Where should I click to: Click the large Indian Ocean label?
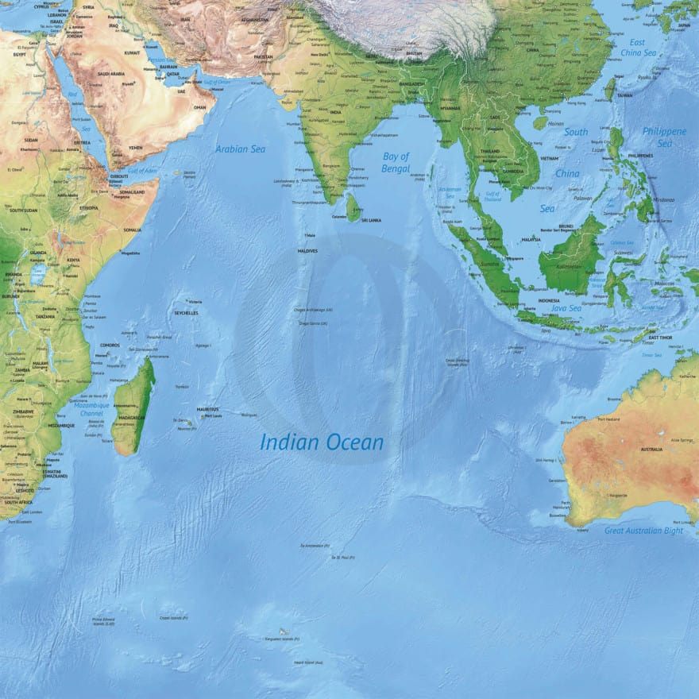pyautogui.click(x=322, y=442)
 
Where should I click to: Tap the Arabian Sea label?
pyautogui.click(x=241, y=149)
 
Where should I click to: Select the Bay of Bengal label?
pyautogui.click(x=396, y=162)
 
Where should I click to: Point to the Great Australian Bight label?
pyautogui.click(x=643, y=531)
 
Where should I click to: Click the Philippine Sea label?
pyautogui.click(x=664, y=137)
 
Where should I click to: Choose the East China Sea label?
pyautogui.click(x=638, y=48)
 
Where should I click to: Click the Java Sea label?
pyautogui.click(x=566, y=308)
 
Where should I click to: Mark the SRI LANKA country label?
pyautogui.click(x=372, y=220)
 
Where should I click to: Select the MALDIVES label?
pyautogui.click(x=307, y=251)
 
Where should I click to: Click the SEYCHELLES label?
pyautogui.click(x=186, y=313)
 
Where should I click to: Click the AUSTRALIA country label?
pyautogui.click(x=651, y=450)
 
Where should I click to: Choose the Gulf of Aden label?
pyautogui.click(x=142, y=171)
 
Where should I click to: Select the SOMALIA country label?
pyautogui.click(x=132, y=230)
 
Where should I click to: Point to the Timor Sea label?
pyautogui.click(x=651, y=355)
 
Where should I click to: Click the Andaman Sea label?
pyautogui.click(x=450, y=191)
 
